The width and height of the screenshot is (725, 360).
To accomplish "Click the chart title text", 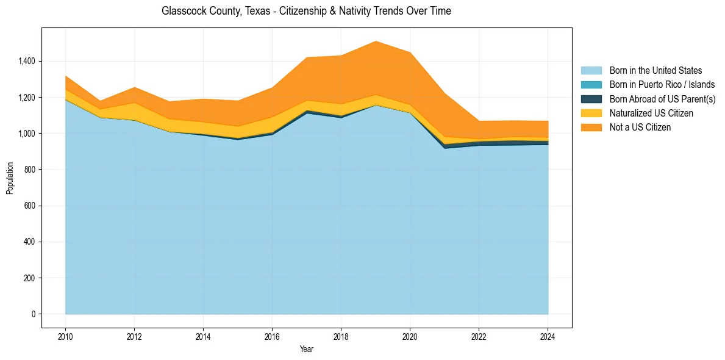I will click(x=306, y=11).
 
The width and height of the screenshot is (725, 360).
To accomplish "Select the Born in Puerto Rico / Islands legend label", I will click(x=662, y=85).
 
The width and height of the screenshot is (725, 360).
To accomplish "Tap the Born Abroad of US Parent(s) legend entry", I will click(x=662, y=99).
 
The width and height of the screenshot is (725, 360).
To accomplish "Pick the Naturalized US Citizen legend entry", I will click(x=651, y=113).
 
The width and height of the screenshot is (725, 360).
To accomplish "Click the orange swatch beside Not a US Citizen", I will click(x=591, y=128).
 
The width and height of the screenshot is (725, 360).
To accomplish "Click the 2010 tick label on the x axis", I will click(x=65, y=336).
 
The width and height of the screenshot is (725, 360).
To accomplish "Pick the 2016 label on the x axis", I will click(x=272, y=336).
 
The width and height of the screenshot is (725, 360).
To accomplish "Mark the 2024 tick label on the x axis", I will click(x=548, y=336).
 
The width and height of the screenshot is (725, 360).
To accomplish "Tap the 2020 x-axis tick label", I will click(x=410, y=336).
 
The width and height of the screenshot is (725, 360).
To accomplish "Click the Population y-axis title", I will click(x=10, y=178).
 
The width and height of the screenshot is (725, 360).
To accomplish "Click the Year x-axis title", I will click(x=307, y=349).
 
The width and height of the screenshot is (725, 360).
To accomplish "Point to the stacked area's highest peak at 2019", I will click(x=376, y=41).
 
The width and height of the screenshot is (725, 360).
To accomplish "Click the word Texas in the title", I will click(x=251, y=11).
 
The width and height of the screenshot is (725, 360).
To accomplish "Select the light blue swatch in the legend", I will click(x=591, y=71).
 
